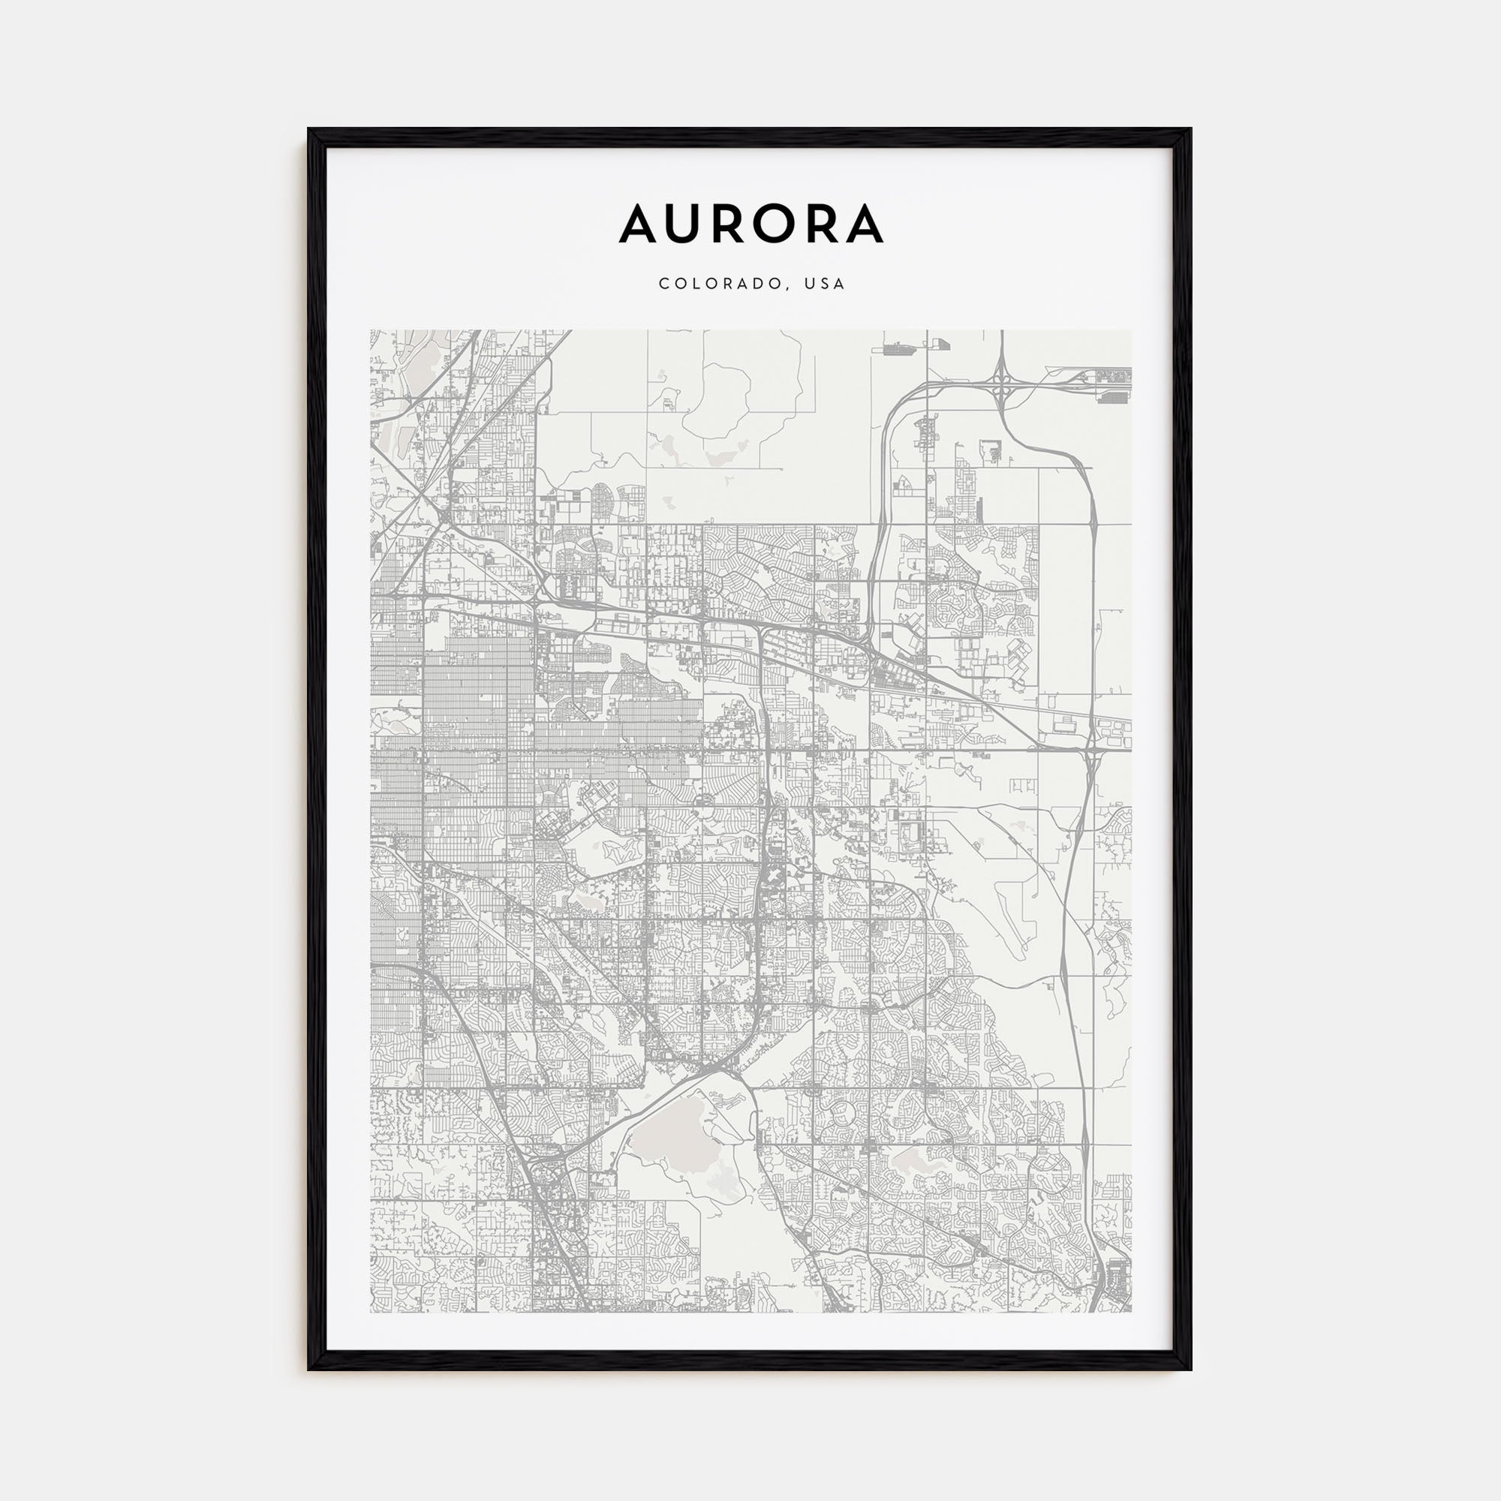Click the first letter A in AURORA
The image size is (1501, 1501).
[x=640, y=224]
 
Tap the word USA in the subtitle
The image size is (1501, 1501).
[x=825, y=284]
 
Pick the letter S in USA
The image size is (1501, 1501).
[x=825, y=284]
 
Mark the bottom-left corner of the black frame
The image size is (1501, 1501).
[x=309, y=1369]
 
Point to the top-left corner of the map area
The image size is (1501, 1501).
[x=371, y=330]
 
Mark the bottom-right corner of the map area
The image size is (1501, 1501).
[x=1131, y=1312]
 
